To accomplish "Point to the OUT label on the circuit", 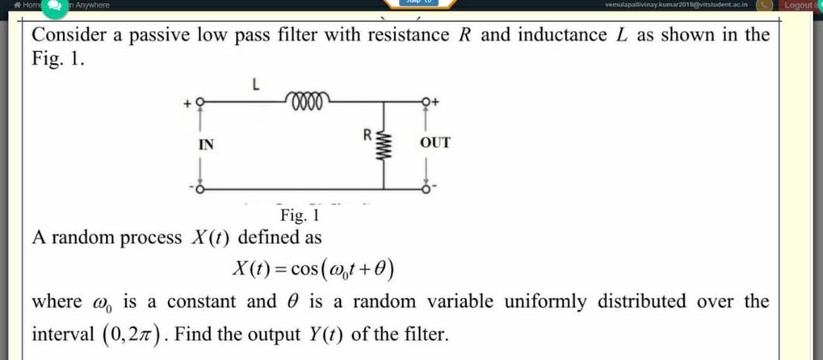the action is [x=434, y=143].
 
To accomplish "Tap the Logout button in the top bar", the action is [x=801, y=5].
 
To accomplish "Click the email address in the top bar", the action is [x=675, y=5].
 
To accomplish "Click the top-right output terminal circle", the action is [x=425, y=101].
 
